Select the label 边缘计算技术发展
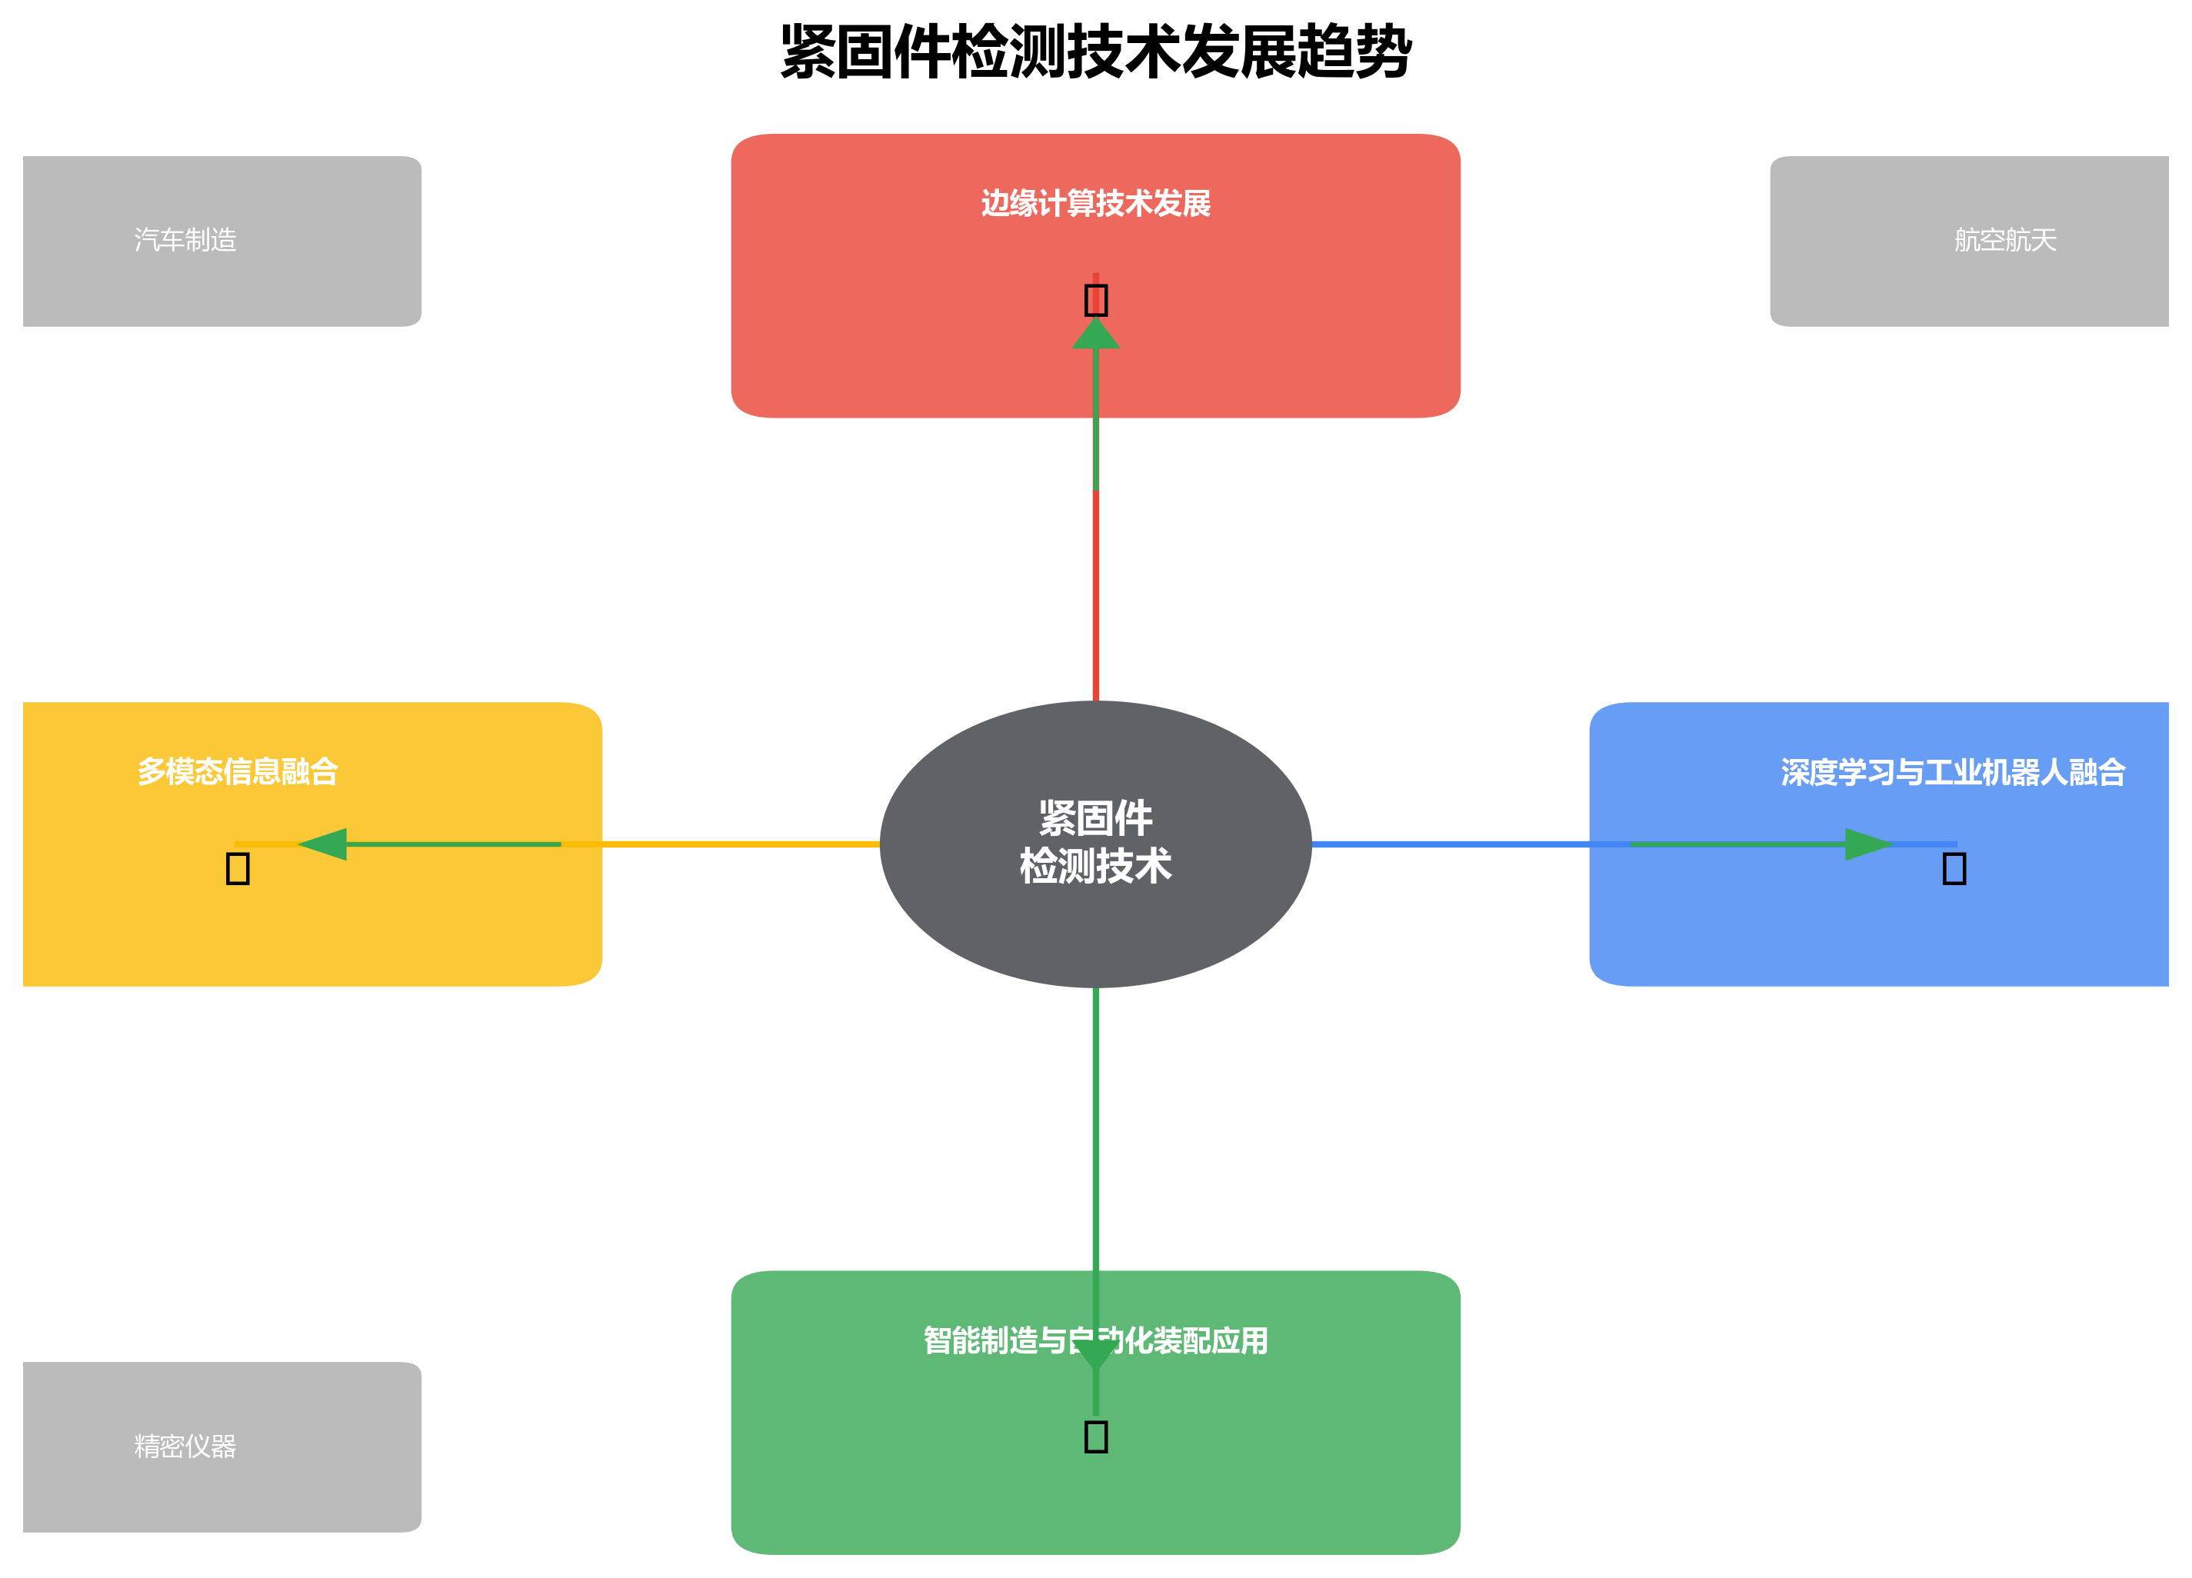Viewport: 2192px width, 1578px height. [x=1095, y=204]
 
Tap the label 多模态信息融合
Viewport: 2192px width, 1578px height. [x=238, y=771]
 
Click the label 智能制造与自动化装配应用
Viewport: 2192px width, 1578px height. [x=1095, y=1340]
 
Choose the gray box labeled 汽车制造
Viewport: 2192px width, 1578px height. [x=222, y=241]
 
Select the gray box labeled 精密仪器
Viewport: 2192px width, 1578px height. [x=222, y=1446]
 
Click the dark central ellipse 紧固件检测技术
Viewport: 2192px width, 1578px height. [x=1095, y=844]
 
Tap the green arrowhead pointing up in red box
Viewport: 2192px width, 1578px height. [x=1095, y=335]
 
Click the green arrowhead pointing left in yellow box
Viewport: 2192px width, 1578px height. [x=325, y=844]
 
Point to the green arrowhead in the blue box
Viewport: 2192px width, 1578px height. [x=1867, y=844]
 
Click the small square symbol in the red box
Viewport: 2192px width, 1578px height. [x=1095, y=300]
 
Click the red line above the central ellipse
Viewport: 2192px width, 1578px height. [x=1095, y=599]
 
